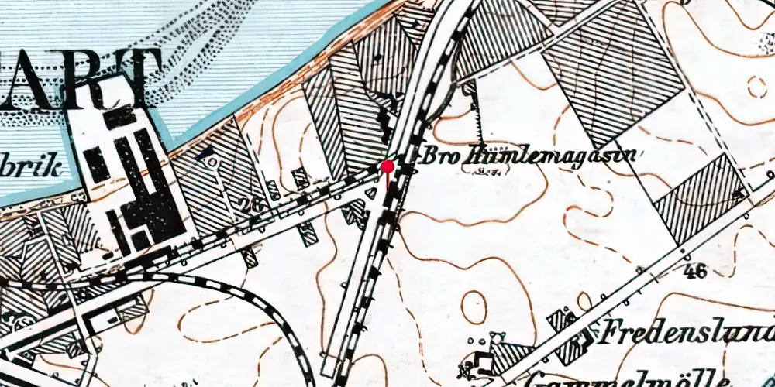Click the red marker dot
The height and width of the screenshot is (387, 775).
pos(387,166)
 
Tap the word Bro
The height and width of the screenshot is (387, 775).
pos(436,153)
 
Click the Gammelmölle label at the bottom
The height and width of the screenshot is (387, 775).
pos(628,379)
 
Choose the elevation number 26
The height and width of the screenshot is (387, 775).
pos(248,207)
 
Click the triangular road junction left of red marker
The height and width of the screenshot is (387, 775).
pos(372,191)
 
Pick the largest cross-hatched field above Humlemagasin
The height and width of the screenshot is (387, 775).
pos(612,74)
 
